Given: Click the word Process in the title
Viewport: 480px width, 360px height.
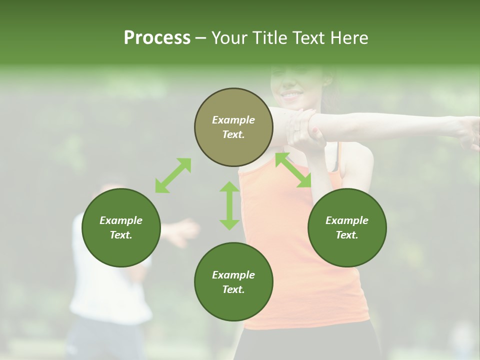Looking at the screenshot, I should point(157,38).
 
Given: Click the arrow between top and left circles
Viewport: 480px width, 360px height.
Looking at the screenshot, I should point(173,175).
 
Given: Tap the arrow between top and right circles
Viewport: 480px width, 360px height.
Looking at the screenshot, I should point(293,170).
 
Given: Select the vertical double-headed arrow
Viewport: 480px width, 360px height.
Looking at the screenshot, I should point(229,205).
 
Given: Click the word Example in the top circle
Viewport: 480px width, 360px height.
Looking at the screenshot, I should point(233,120).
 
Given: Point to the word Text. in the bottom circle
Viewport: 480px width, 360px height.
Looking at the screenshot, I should point(233,289).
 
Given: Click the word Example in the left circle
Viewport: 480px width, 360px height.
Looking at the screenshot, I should point(121,220).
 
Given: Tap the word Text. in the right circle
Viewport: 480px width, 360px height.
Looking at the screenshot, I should point(347,235).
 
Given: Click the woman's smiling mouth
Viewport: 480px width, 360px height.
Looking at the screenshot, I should point(291,94).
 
